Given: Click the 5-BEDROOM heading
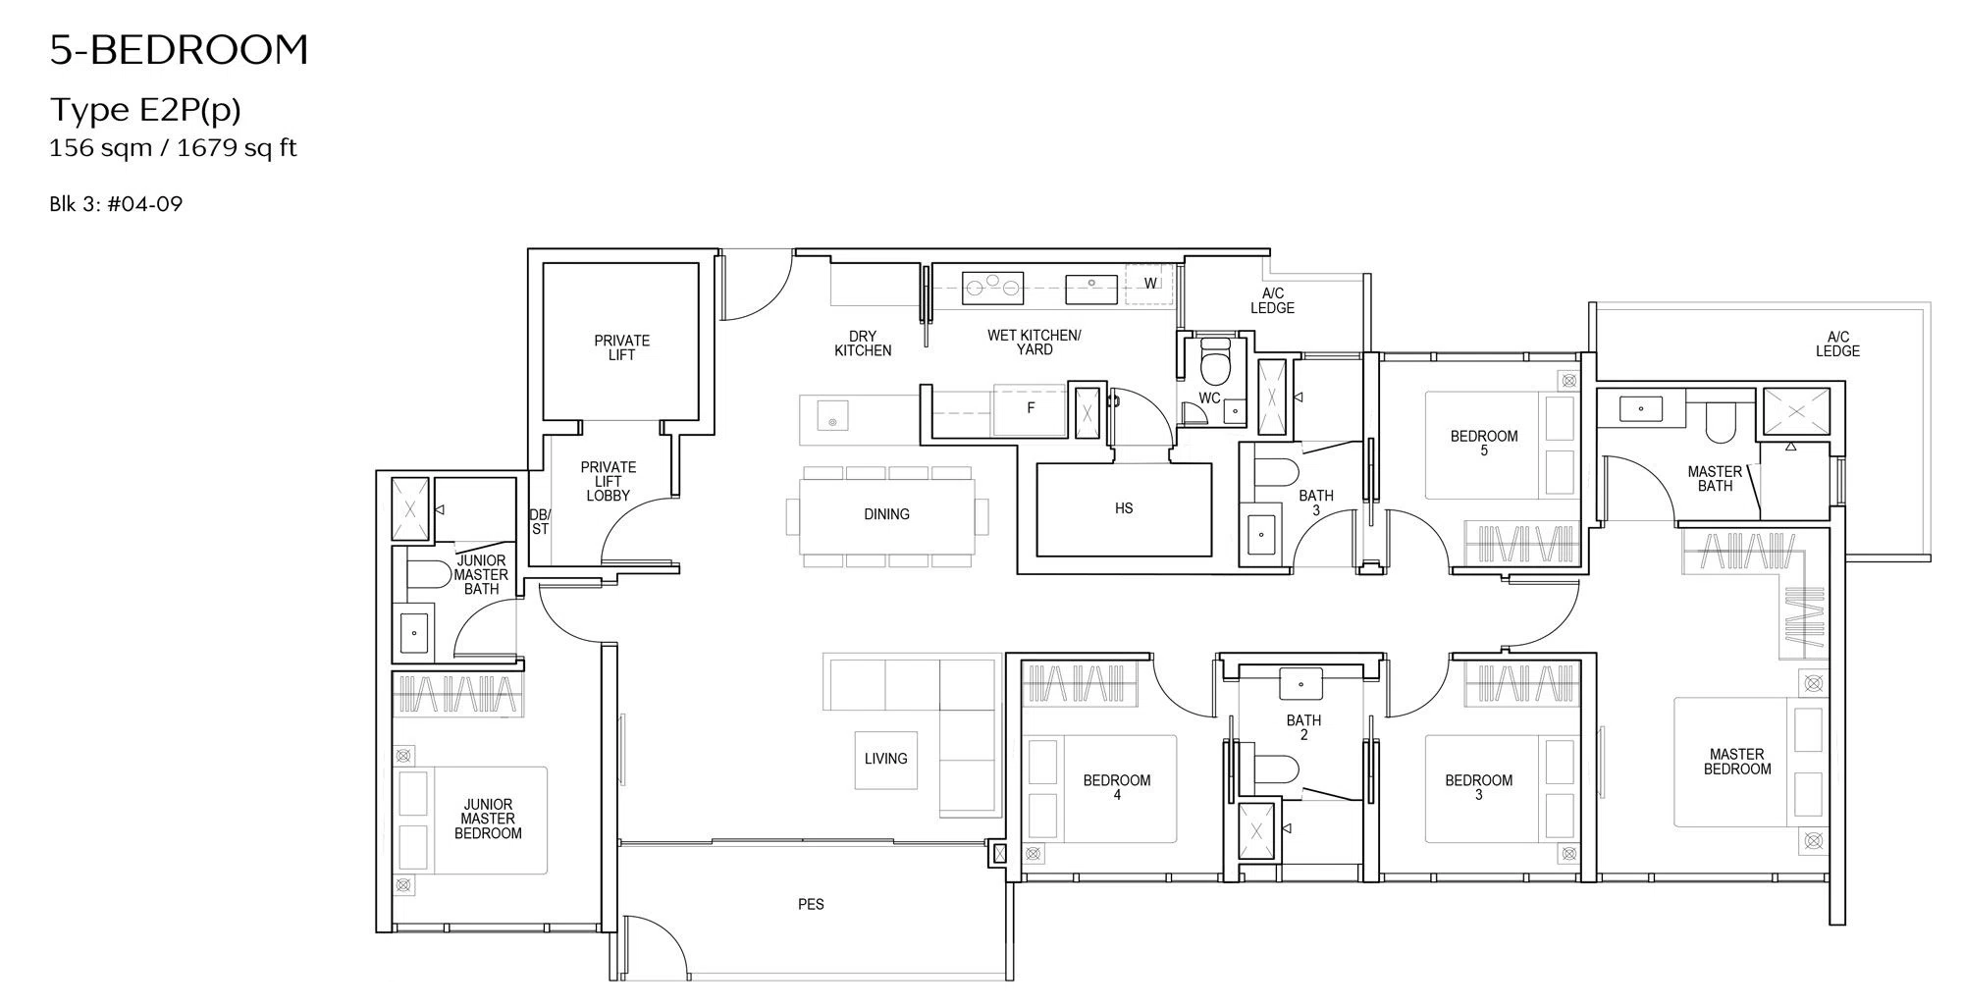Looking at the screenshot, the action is [x=180, y=50].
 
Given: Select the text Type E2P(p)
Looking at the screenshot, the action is [x=145, y=111].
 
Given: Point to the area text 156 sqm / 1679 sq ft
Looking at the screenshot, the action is [x=173, y=148].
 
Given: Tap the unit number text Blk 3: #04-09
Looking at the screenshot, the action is [x=116, y=204].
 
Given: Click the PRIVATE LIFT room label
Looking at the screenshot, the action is [x=621, y=347].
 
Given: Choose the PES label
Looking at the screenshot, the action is [x=811, y=904].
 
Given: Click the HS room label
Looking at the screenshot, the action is [x=1124, y=508].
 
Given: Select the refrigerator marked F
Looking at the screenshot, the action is [x=1030, y=407].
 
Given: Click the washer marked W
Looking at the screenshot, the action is [x=1149, y=284].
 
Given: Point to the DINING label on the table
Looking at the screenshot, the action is [x=886, y=514].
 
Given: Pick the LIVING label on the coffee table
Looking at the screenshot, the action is [x=885, y=759].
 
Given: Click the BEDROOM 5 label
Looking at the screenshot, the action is [x=1484, y=443].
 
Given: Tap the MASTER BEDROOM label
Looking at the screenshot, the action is [x=1737, y=762].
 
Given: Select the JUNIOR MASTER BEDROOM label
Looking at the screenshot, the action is [x=488, y=819].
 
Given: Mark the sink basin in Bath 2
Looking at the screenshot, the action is [x=1301, y=683].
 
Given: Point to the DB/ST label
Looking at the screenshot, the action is [x=540, y=521].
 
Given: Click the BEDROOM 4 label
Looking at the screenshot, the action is [x=1117, y=787].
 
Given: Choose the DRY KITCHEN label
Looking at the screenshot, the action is [x=863, y=343].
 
